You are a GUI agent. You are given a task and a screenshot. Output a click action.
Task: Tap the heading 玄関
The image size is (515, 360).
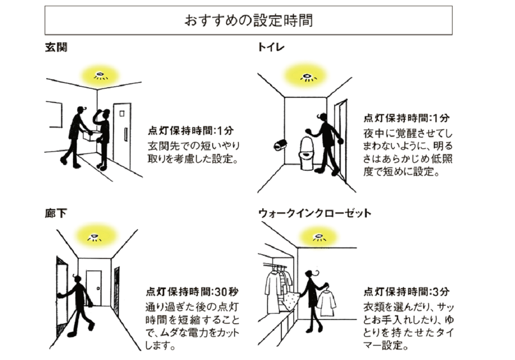[56, 48]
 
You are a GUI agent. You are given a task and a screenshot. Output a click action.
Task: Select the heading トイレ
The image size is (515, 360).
[271, 48]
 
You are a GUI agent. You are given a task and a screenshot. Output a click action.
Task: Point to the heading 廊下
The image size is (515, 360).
[55, 213]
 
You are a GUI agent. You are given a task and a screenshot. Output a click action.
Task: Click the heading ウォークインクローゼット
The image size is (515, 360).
[314, 213]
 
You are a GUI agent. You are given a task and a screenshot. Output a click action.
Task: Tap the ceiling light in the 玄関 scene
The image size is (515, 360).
[100, 75]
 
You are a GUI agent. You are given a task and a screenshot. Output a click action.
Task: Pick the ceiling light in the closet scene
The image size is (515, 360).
[318, 237]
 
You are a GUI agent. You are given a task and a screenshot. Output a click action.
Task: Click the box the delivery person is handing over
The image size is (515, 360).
[90, 135]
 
